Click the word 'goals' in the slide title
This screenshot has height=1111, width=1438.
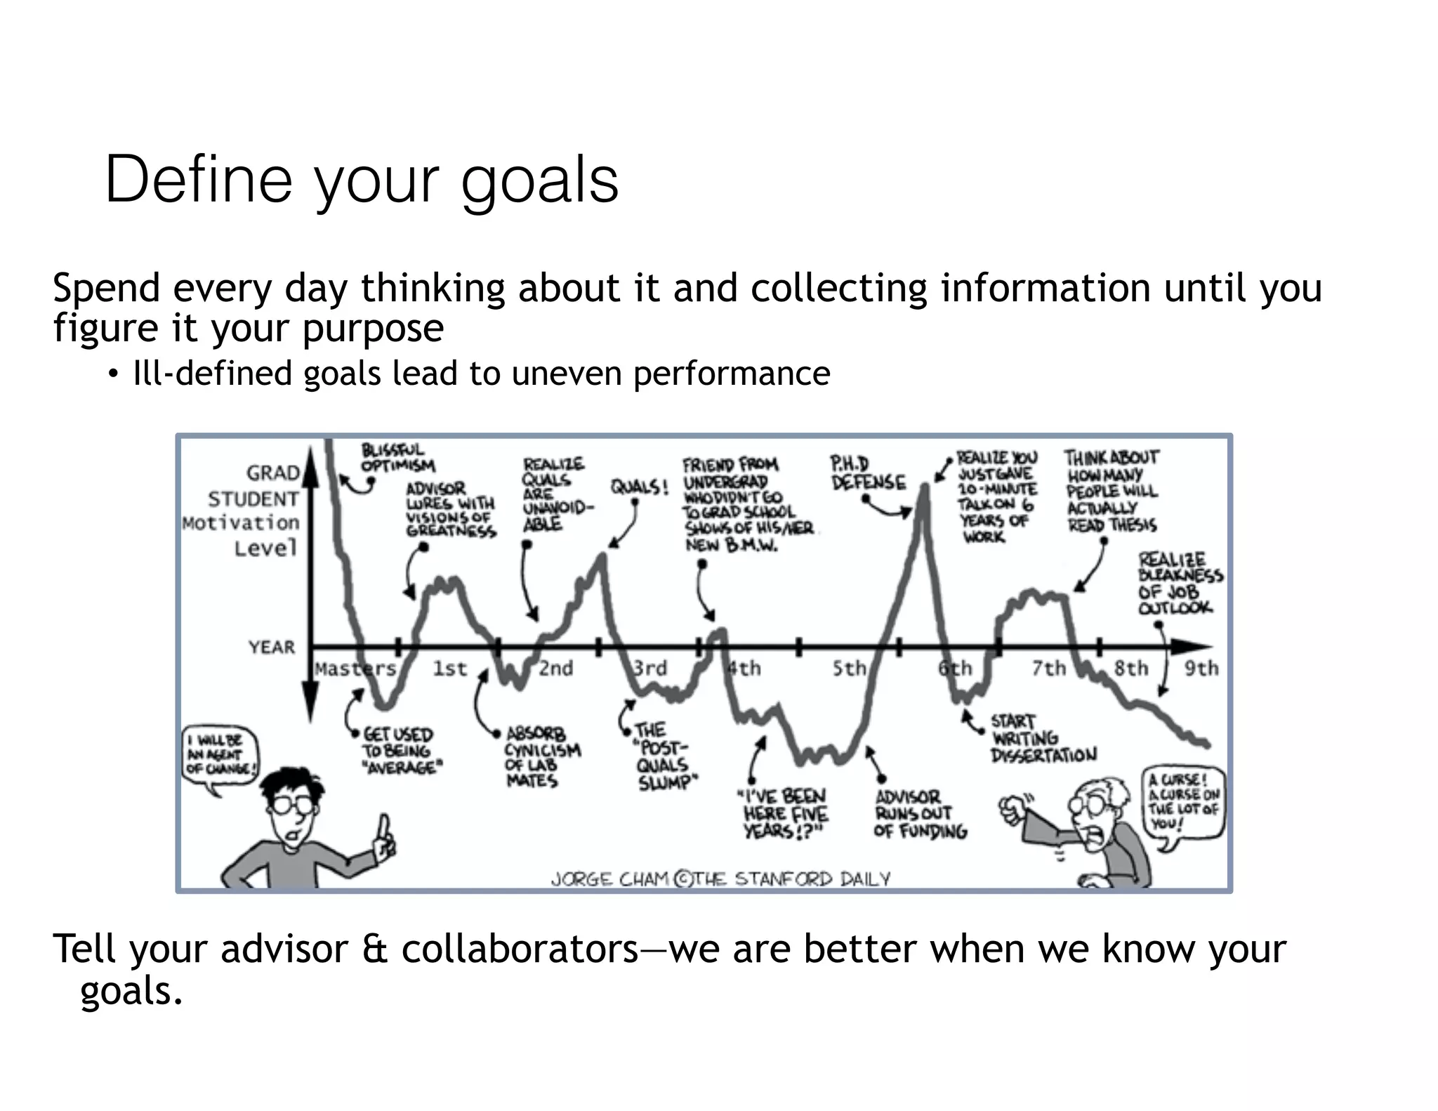click(539, 181)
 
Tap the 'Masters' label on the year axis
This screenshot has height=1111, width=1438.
click(355, 669)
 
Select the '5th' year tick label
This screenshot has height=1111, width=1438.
click(850, 668)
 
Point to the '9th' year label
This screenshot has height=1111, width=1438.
click(1201, 668)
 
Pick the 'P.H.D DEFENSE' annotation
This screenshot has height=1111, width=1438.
click(868, 474)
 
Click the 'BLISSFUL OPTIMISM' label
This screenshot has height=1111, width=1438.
click(397, 457)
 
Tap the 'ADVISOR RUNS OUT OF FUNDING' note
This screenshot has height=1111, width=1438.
click(919, 814)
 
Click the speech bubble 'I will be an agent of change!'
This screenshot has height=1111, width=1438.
click(220, 754)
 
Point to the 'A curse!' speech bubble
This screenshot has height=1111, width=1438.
click(1184, 801)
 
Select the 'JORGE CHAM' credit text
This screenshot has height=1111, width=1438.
click(609, 879)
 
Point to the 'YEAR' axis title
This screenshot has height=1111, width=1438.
click(271, 647)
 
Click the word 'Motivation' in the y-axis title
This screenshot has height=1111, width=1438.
click(241, 523)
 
